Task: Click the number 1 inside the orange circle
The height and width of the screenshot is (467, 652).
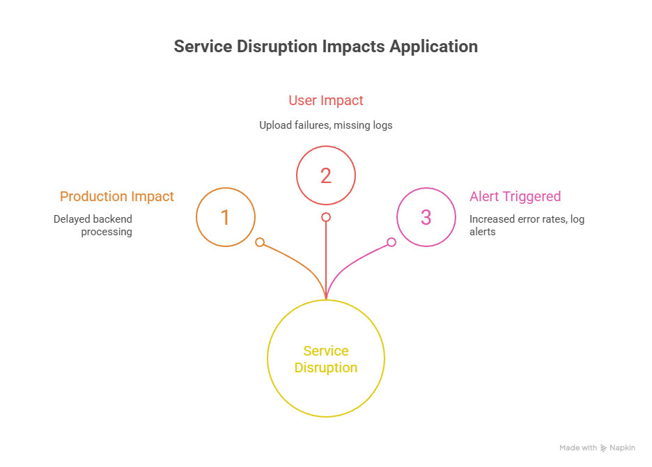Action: tap(225, 218)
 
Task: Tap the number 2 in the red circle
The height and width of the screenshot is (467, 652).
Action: tap(326, 176)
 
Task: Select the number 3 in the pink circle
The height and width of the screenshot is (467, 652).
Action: tap(426, 218)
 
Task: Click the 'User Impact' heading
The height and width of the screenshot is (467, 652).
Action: tap(326, 100)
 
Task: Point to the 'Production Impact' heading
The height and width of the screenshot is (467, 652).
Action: tap(117, 197)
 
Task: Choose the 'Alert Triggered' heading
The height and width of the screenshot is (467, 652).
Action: tap(515, 197)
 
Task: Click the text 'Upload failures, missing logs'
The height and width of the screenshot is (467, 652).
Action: tap(326, 125)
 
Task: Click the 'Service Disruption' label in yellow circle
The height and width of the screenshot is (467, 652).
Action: tap(326, 359)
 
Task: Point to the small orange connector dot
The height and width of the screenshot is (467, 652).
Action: tap(260, 242)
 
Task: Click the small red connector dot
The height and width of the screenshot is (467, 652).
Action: tap(326, 217)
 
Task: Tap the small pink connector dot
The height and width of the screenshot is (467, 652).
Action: tap(391, 242)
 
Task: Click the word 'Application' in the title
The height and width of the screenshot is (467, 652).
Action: tap(434, 47)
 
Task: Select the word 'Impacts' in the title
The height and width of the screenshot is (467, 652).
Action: tap(353, 47)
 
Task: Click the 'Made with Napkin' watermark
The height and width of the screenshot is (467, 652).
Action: tap(597, 448)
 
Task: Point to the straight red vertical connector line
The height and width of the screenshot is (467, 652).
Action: tap(326, 264)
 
